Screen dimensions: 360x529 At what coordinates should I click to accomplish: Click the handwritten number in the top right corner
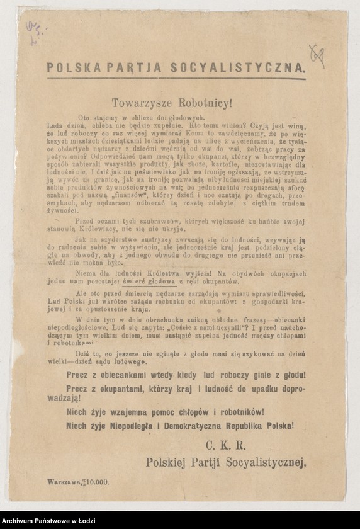[x=318, y=57]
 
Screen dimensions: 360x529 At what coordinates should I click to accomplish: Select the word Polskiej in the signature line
[x=167, y=462]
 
